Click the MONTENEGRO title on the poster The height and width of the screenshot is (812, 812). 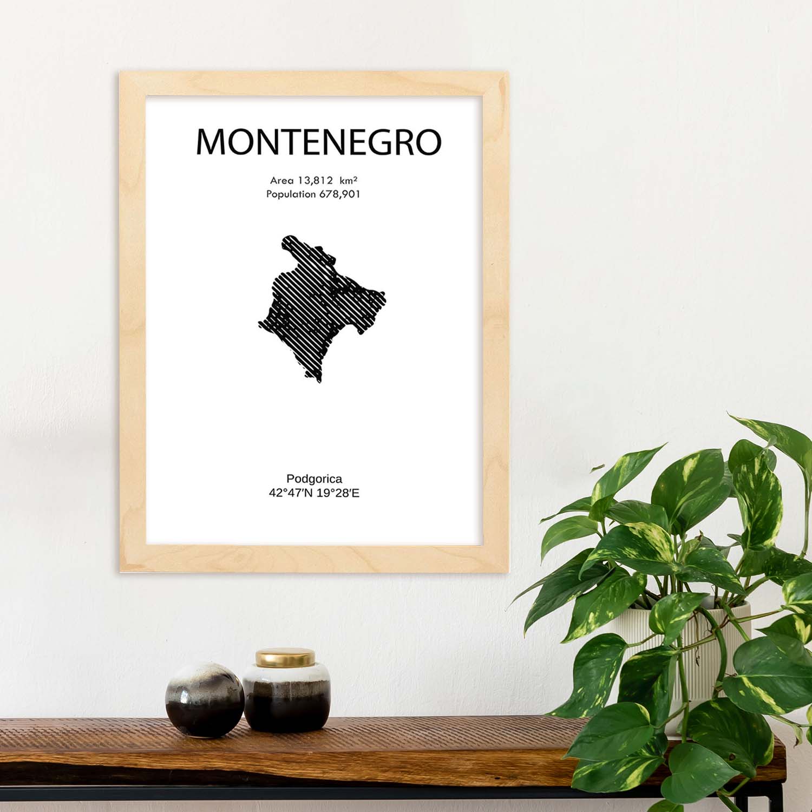[318, 142]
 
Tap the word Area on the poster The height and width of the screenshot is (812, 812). [282, 180]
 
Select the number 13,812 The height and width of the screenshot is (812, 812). [315, 180]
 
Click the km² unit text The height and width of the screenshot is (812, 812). [349, 180]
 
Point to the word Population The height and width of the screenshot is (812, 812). [291, 194]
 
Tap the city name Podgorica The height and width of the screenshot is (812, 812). [314, 479]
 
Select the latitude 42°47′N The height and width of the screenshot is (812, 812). [291, 493]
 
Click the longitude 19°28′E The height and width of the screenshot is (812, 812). [338, 493]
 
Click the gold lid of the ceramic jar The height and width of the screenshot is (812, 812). [285, 658]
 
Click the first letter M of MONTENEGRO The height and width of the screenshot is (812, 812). [210, 142]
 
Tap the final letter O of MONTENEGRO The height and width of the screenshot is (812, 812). [428, 142]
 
